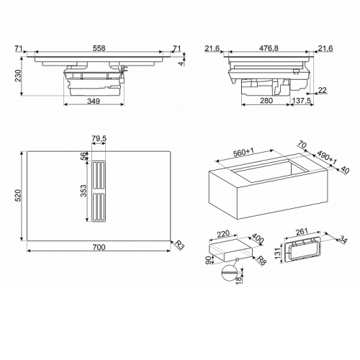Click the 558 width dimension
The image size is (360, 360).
coord(99,48)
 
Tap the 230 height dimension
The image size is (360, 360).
coord(19,76)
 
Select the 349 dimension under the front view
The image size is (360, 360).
coord(93,101)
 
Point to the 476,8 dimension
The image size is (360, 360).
coord(269,48)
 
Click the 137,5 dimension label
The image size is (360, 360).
coord(302,101)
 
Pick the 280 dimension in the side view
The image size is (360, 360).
coord(266,101)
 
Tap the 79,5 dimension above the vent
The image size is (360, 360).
coord(99,138)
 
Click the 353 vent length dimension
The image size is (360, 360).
coord(84,191)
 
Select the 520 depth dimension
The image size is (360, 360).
coord(19,195)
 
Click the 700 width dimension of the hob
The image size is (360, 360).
coord(99,247)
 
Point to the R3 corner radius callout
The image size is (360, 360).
coord(179,245)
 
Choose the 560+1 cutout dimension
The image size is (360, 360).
coord(243,152)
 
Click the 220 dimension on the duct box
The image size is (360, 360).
coord(223,233)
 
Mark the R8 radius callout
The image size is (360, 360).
coord(261,261)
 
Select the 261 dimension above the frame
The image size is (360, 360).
coord(302,231)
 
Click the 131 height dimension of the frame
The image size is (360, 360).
coord(278,253)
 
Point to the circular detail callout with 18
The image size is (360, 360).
coord(230,273)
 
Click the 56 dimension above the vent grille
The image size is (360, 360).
coord(84,156)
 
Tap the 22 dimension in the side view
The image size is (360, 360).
coord(323,90)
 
